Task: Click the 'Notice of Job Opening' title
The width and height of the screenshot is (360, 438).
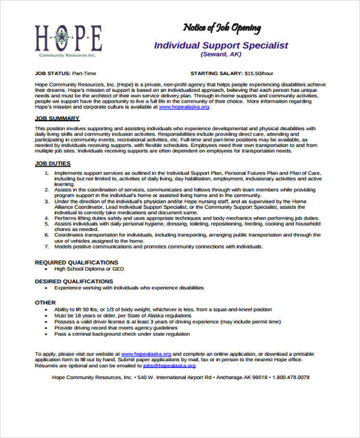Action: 221,28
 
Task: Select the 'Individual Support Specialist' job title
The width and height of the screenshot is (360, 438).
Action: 221,45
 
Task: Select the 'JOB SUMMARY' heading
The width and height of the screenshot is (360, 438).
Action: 57,118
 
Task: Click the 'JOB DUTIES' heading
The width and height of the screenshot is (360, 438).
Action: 53,163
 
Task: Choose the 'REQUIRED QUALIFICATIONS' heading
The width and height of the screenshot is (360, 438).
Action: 76,262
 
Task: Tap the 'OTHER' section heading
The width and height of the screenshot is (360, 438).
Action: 45,302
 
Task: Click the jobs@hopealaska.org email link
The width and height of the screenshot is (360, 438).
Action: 169,365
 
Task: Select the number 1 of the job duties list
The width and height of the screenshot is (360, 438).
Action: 46,173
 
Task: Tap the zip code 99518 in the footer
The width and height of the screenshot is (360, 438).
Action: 259,377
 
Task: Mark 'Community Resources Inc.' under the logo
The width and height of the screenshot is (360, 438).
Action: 67,55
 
